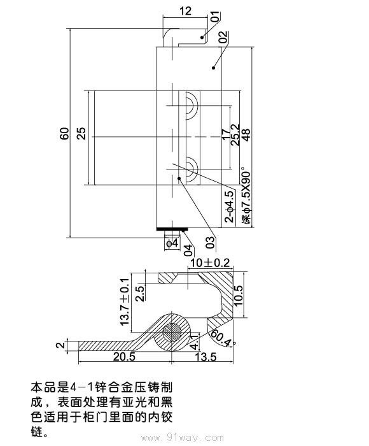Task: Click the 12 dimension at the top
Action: pos(185,10)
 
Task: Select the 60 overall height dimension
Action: pos(64,134)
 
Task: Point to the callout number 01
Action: pos(214,17)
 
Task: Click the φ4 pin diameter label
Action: pos(171,243)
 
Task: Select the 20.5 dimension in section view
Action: pos(123,357)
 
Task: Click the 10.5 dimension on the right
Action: pos(239,296)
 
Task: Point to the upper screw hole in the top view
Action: pos(190,106)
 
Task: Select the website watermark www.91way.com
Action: pos(184,438)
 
